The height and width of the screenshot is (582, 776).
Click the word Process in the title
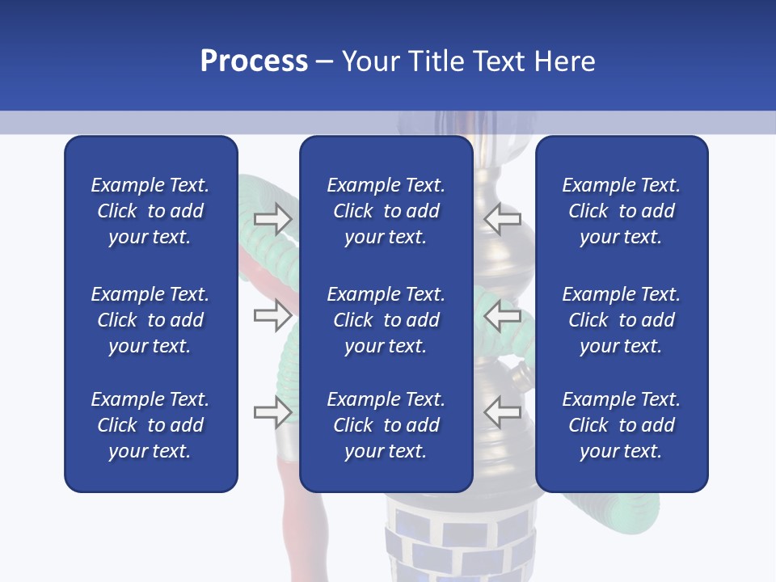254,61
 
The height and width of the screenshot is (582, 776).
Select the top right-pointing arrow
272,218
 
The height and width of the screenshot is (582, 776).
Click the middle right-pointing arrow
272,315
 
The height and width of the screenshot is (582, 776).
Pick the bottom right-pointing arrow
272,412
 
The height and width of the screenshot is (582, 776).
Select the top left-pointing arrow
502,218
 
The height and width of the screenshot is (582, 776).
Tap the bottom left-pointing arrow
502,412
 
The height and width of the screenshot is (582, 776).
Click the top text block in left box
150,211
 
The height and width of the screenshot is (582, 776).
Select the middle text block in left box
150,320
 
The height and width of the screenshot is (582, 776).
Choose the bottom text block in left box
150,425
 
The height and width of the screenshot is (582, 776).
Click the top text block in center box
386,211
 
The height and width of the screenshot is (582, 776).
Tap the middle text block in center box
386,320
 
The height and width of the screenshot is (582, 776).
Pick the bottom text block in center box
386,425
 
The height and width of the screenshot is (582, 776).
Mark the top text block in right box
621,211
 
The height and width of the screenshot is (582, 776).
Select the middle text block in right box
621,320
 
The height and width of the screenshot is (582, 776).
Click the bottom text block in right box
621,425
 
